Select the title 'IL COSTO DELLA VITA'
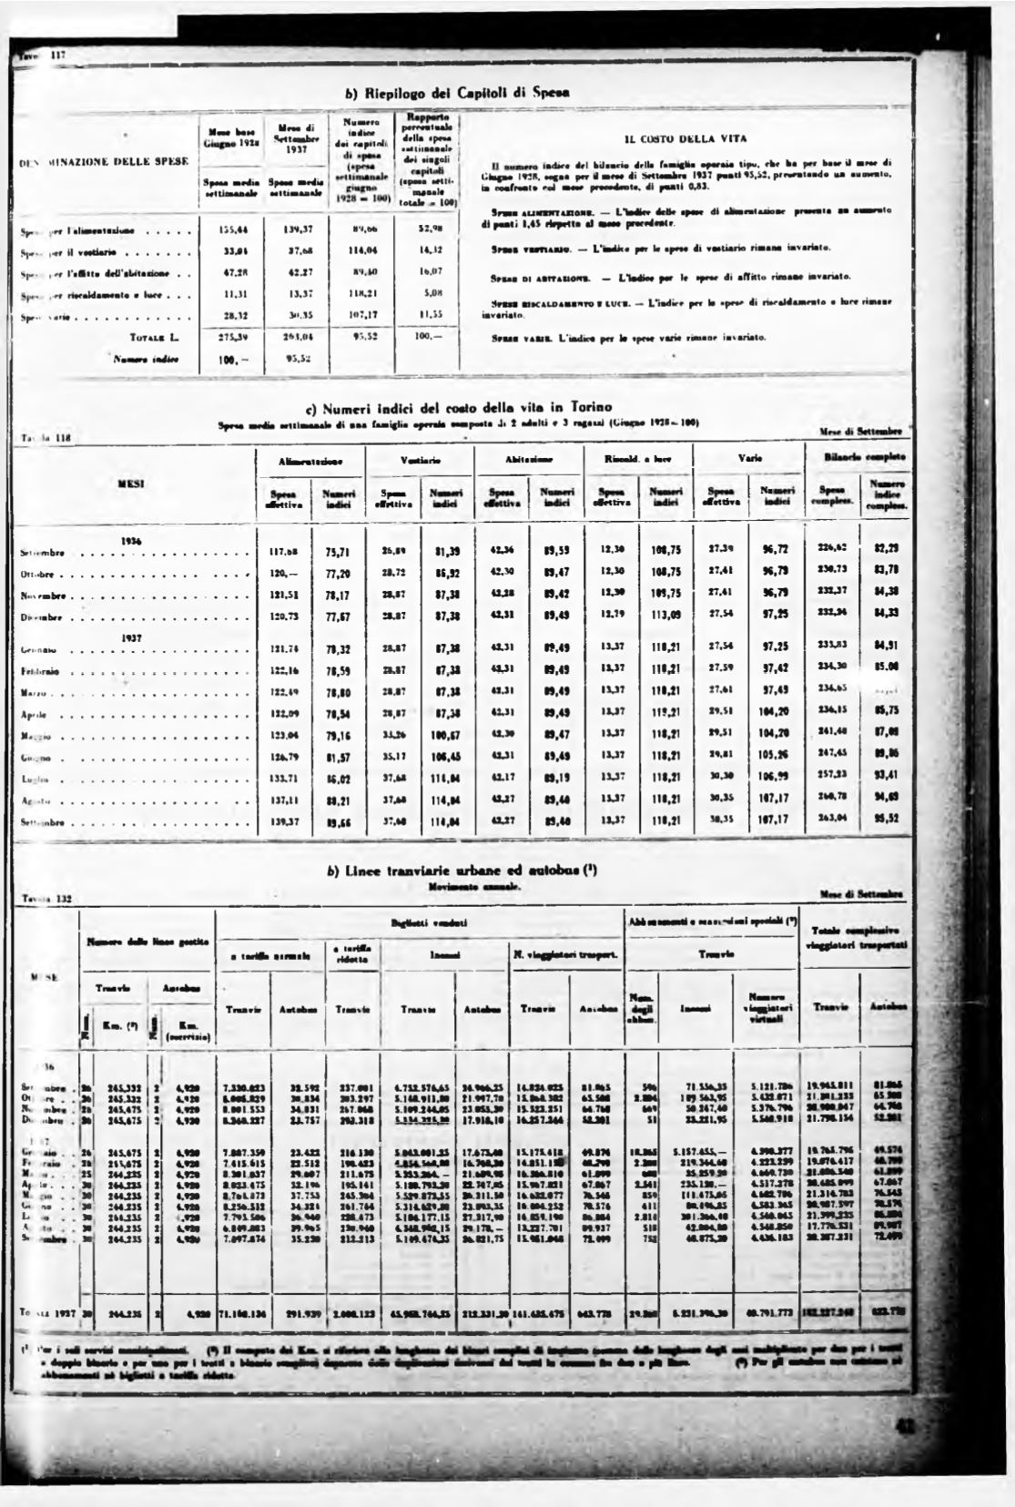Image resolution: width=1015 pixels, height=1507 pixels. point(685,139)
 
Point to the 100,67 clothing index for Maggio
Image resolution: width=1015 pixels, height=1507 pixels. point(446,735)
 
